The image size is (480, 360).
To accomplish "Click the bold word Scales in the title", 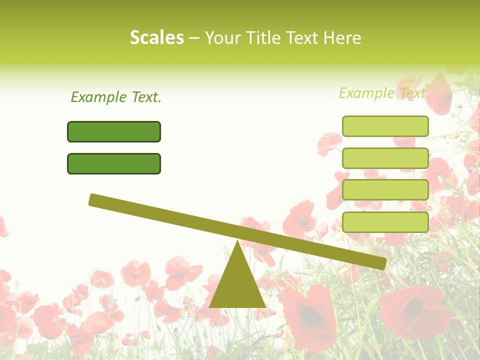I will [157, 38].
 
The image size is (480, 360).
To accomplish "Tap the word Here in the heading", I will [342, 38].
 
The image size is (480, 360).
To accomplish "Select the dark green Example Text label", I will [116, 97].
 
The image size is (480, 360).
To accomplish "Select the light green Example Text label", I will [383, 93].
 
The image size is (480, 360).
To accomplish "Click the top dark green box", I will [114, 131].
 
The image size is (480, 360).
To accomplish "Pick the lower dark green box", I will [114, 163].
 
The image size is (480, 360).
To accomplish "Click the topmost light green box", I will [385, 126].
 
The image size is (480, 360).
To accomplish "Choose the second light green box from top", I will [385, 158].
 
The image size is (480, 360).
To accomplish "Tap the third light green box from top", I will [385, 190].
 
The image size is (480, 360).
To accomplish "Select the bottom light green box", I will [385, 222].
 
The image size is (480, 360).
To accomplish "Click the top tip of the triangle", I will [237, 243].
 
